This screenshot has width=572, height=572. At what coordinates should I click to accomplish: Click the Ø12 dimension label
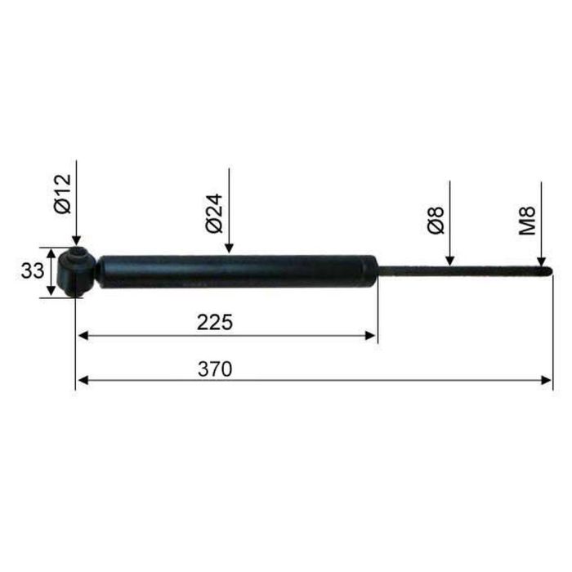click(62, 194)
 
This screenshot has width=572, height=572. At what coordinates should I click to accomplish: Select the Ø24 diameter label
click(214, 213)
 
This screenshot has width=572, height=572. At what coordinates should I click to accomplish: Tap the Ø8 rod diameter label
click(436, 221)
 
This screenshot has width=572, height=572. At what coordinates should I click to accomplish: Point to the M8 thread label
click(527, 221)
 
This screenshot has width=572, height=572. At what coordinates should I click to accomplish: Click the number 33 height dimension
click(32, 271)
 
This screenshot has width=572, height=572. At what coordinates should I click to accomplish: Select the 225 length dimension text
click(214, 322)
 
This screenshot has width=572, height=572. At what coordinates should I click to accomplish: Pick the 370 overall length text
click(215, 369)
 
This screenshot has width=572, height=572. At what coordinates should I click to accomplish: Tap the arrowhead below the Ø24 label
click(229, 248)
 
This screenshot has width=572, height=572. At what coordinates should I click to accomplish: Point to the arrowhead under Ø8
click(449, 261)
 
